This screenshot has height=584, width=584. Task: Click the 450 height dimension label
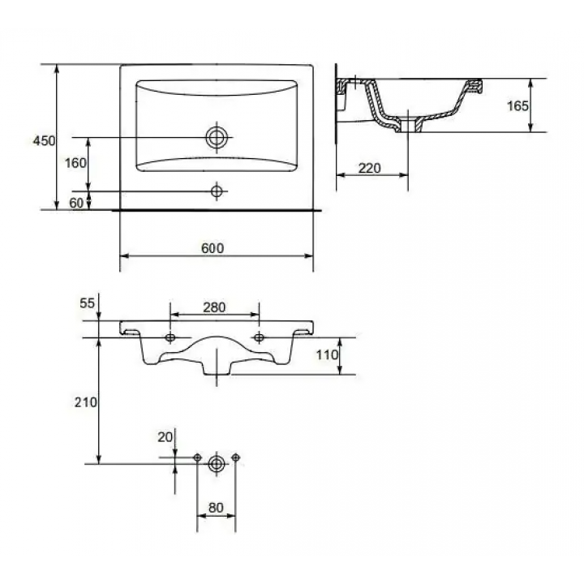pos(44,141)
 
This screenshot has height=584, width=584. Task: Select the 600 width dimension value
pos(213,248)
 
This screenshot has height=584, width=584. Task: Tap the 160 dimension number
pos(75,163)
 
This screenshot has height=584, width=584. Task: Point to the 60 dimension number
pos(76,203)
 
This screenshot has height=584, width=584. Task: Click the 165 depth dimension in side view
pos(517,106)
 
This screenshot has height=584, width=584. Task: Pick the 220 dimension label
pos(370,169)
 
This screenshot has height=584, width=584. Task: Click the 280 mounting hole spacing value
pos(214,307)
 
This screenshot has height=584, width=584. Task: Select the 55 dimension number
pos(87,303)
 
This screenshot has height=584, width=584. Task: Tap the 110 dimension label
pos(327,355)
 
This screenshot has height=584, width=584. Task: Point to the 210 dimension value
pos(86,402)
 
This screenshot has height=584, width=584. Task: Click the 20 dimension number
pos(165,437)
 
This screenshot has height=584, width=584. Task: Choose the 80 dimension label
pos(216,508)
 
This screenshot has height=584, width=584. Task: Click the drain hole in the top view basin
pos(217,137)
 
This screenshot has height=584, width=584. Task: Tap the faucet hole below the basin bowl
pos(217,191)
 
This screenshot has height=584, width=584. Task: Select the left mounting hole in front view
pos(170,337)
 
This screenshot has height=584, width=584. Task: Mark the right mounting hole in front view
pos(260,337)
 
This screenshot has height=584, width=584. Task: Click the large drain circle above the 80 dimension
pos(217,464)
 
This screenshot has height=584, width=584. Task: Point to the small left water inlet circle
pos(197,457)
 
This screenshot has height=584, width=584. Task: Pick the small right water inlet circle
pos(235,457)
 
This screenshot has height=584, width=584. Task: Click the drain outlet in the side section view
pos(409,125)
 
